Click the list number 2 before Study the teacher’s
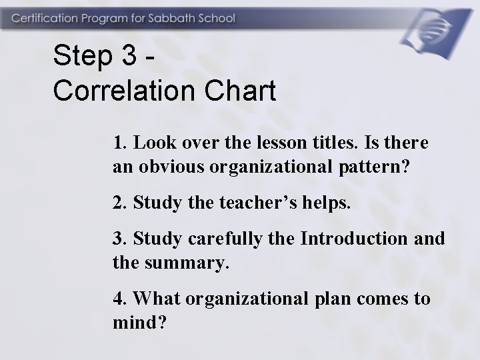point(117,203)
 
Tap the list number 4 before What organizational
point(117,299)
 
